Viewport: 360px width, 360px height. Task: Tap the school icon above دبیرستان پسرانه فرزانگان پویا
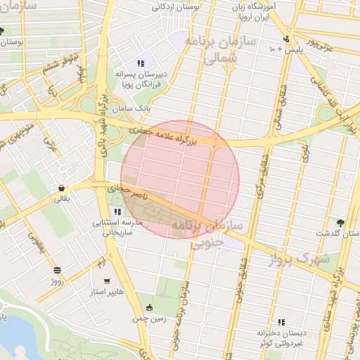[141, 63]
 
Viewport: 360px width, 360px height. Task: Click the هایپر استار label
[106, 291]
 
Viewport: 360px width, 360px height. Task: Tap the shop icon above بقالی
[63, 188]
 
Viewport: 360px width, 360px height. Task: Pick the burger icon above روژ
[57, 270]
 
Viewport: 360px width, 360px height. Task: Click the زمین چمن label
[149, 319]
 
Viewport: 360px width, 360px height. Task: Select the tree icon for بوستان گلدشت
[341, 222]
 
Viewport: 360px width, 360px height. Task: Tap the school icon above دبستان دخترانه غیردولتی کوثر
[281, 321]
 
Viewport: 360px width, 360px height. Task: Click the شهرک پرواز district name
[300, 258]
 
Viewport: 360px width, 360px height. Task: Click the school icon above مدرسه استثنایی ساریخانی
[117, 212]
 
